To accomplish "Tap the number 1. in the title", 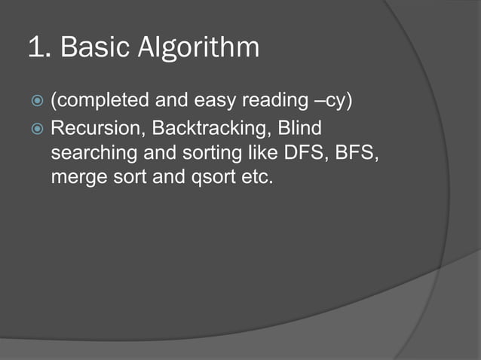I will pyautogui.click(x=38, y=47).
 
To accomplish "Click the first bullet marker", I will pyautogui.click(x=38, y=100).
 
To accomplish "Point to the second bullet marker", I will pyautogui.click(x=38, y=129).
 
